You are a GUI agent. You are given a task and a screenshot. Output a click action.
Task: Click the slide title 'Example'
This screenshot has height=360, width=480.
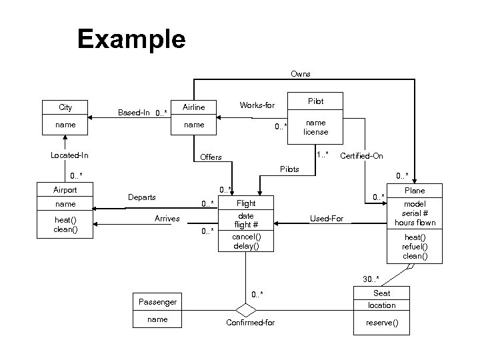[x=131, y=39]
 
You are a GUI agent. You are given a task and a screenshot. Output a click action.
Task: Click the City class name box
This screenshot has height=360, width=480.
[x=65, y=107]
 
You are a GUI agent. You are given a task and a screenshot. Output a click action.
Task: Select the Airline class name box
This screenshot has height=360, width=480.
[x=193, y=107]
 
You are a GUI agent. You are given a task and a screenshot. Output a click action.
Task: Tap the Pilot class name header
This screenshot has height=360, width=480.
[x=315, y=101]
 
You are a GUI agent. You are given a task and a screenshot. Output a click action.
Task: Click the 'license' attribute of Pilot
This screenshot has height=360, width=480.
[x=315, y=132]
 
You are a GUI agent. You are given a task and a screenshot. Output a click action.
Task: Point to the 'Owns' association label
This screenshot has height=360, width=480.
[x=300, y=73]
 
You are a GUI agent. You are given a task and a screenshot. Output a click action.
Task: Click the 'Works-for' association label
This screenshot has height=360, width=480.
[x=257, y=105]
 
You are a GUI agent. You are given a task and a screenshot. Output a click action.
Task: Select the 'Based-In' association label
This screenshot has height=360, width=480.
[x=133, y=112]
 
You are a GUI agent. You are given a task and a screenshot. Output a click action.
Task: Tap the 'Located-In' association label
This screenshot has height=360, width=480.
[x=70, y=155]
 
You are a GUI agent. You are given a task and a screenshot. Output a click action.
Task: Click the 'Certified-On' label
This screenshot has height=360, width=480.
[x=361, y=156]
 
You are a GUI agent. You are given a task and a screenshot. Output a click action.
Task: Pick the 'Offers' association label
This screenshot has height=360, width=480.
[x=211, y=157]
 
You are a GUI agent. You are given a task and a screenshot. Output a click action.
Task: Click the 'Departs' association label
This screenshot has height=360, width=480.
[x=142, y=197]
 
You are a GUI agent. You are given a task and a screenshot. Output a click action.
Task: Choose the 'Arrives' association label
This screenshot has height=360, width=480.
[x=167, y=218]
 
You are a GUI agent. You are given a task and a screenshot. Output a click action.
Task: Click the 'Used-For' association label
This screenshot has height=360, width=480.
[x=327, y=218]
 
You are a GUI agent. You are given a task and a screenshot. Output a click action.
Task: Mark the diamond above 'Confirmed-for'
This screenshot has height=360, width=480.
[x=246, y=310]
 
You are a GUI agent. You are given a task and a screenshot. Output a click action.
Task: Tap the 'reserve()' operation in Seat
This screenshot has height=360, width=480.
[x=382, y=323]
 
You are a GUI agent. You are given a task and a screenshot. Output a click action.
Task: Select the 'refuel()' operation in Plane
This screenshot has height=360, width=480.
[x=415, y=246]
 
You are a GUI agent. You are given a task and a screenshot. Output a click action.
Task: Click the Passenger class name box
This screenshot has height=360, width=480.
[x=157, y=302]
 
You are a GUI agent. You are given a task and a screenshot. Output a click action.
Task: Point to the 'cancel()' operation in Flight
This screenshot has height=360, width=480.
[x=246, y=237]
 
